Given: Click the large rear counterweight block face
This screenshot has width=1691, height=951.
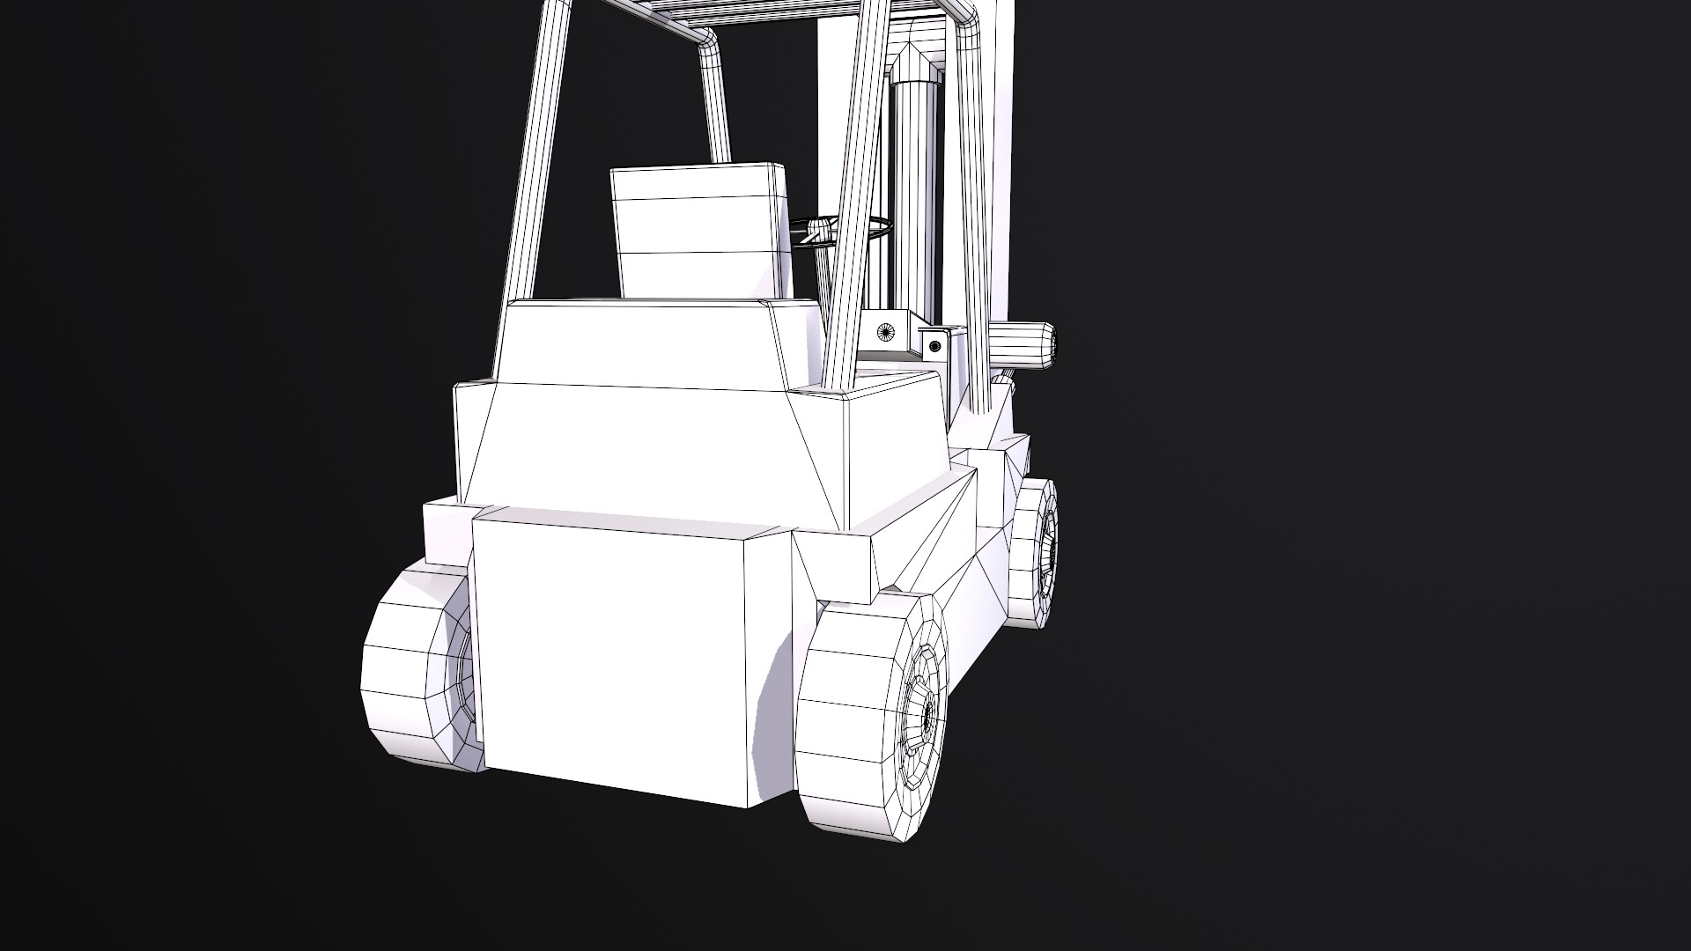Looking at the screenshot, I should coord(608,660).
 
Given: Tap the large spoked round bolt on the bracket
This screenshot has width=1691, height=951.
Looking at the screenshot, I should coord(886,332).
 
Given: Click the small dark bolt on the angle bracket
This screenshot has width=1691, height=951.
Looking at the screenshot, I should coord(934,346).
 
